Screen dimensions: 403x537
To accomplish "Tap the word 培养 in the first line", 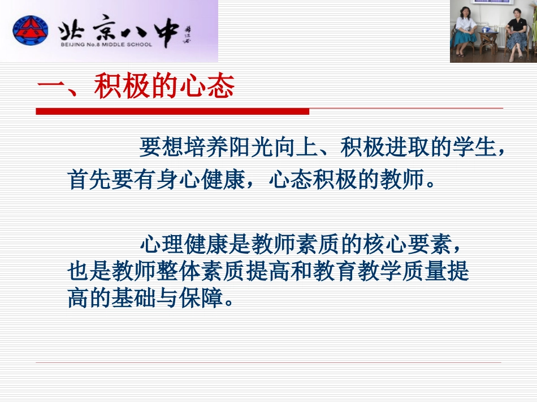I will coord(194,148).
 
